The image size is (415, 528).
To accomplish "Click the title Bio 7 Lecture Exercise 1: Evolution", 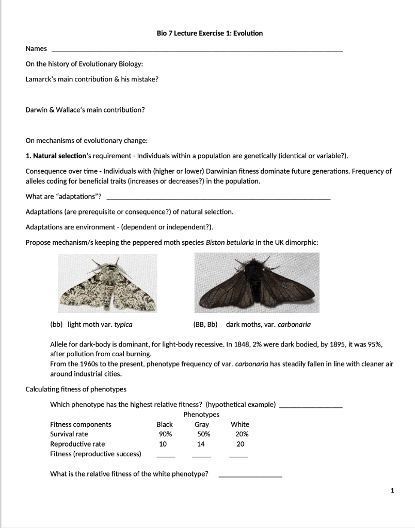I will coord(210,33).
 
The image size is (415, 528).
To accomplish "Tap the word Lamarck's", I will coord(41,79).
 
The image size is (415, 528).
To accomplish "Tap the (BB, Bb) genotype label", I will coord(205,324).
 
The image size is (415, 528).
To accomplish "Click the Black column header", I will coord(165,424).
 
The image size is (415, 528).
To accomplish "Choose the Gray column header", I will coord(201,424).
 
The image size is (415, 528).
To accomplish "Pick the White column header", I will coord(240,424).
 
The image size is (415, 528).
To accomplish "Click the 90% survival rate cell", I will coord(165,434).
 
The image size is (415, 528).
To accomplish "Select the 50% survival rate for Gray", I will coord(202,434).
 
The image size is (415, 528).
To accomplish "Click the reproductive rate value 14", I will coord(201,444).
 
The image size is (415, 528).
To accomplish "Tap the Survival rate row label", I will coord(69,434).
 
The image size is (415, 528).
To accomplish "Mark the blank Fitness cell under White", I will coord(238,455).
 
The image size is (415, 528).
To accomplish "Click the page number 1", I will coord(393,491).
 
